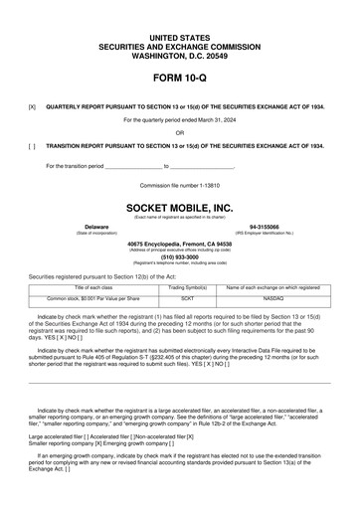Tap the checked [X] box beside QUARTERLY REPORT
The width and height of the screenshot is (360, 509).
coord(33,104)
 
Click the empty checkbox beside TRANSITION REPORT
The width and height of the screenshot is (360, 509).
coord(33,144)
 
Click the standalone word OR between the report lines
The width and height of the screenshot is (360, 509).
coord(179,131)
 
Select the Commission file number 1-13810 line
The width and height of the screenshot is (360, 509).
coord(179,186)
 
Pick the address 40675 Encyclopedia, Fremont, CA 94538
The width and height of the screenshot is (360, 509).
coord(179,243)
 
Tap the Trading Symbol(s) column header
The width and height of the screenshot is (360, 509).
coord(188,286)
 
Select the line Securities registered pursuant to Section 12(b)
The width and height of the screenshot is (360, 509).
coord(100,274)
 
